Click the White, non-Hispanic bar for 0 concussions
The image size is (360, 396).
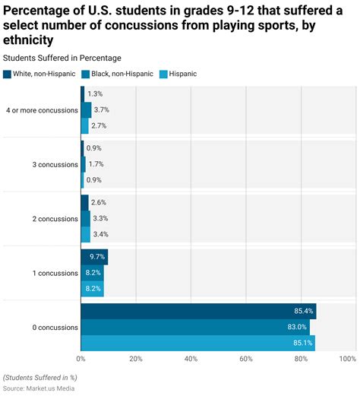click(197, 311)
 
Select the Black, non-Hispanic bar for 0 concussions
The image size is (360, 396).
click(194, 327)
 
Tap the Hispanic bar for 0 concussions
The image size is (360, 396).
click(197, 343)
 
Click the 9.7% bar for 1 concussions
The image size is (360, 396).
click(94, 257)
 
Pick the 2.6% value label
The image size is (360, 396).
click(98, 202)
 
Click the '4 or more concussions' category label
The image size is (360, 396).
click(42, 109)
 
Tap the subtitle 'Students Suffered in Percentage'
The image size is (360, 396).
click(62, 58)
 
